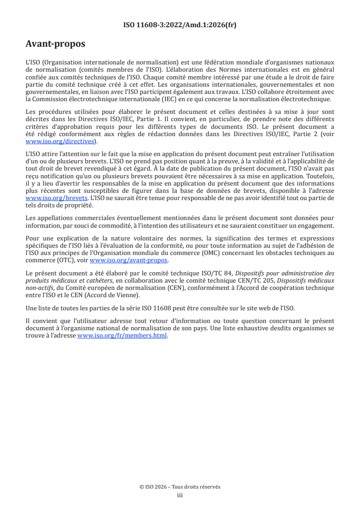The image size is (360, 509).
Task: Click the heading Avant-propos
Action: (55, 44)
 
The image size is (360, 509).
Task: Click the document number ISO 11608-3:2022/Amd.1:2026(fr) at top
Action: (180, 25)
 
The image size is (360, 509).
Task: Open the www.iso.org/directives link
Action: (59, 142)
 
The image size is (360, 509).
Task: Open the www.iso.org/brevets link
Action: (57, 199)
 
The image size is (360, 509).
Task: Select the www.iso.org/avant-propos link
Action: (129, 260)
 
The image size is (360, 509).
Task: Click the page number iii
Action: (180, 495)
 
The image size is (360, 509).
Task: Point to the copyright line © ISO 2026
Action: (180, 487)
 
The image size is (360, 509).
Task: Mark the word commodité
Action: (137, 225)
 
